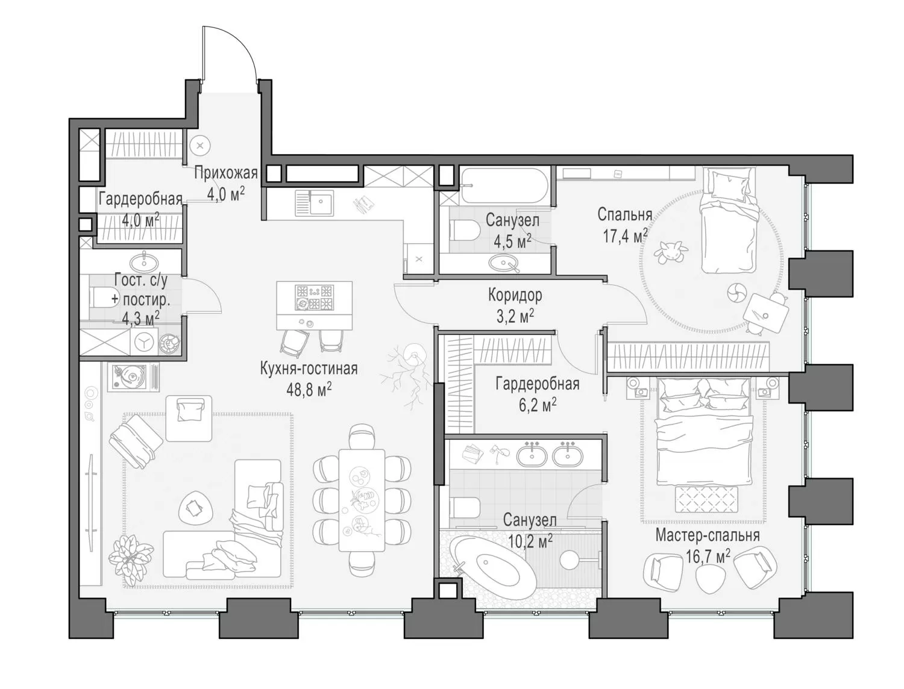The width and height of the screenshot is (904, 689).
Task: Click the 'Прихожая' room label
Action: click(225, 172)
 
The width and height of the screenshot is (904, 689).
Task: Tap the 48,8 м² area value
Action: click(309, 389)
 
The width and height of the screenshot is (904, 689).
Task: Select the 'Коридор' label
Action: click(515, 295)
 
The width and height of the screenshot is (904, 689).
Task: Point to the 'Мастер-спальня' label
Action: click(707, 535)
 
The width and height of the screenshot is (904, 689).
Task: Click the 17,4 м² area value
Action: click(625, 236)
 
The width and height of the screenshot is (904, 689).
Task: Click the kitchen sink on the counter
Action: click(314, 204)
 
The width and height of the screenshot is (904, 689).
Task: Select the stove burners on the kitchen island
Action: click(314, 298)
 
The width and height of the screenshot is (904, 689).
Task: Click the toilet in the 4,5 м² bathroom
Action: click(464, 229)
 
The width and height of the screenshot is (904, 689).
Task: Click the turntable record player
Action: click(133, 376)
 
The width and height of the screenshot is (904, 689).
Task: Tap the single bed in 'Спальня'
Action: click(729, 220)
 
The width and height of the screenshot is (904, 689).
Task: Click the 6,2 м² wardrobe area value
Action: click(538, 406)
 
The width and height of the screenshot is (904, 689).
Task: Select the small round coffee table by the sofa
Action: click(196, 508)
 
